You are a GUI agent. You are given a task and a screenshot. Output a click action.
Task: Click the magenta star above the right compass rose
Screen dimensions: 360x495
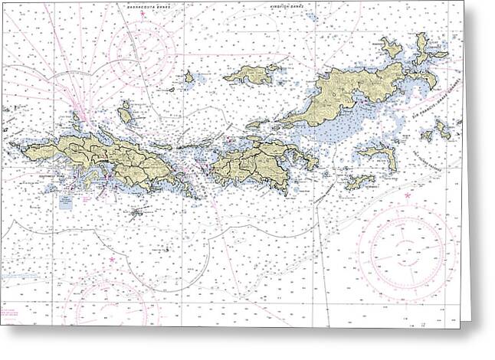tap(407, 197)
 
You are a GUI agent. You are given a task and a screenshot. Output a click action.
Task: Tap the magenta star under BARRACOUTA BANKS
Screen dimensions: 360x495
tap(142, 14)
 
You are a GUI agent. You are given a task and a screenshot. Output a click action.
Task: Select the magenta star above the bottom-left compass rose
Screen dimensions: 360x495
tap(112, 260)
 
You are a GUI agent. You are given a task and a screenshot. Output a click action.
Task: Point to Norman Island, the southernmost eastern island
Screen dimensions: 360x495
tap(359, 182)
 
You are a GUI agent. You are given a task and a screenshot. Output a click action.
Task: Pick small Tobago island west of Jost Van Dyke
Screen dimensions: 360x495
tap(188, 77)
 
